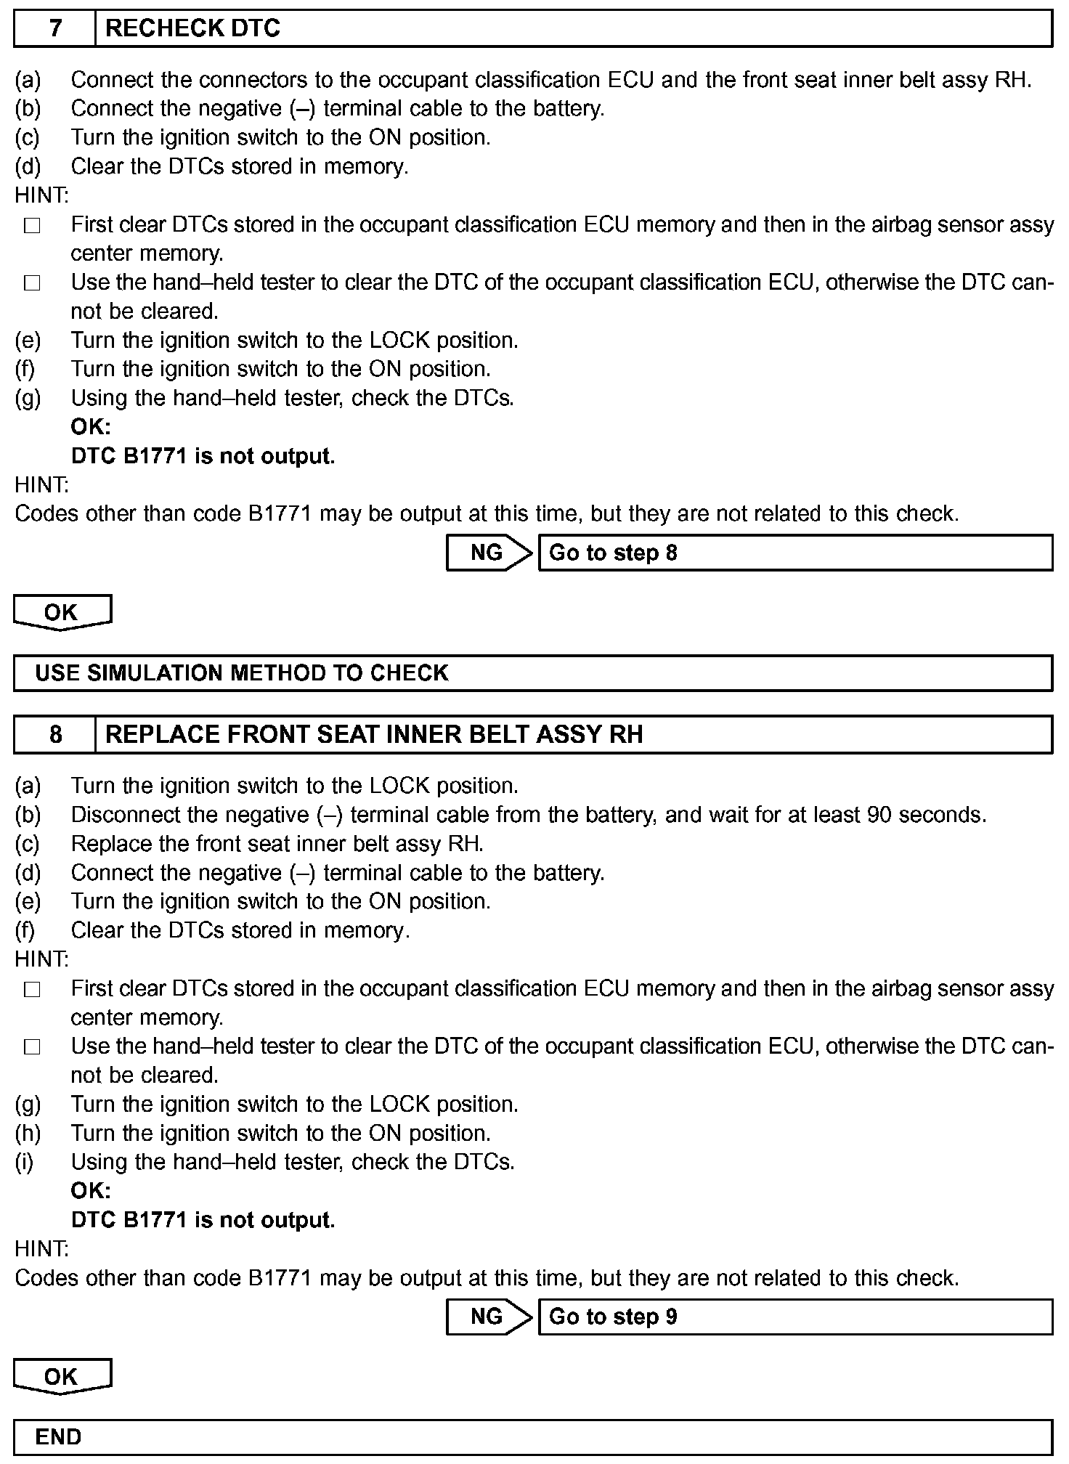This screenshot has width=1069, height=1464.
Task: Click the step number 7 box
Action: point(55,29)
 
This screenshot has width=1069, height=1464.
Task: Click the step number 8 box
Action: point(55,735)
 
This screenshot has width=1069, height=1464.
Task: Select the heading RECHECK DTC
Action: point(193,29)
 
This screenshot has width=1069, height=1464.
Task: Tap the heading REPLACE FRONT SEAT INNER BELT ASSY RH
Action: point(374,735)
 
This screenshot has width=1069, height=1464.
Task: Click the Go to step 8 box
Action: point(795,553)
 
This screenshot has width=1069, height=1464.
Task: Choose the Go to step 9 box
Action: point(795,1317)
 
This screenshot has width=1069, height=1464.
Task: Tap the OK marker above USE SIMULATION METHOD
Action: point(62,612)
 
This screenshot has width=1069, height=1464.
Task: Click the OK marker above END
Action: point(62,1376)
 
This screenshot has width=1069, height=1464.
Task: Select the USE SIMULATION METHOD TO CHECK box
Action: point(533,673)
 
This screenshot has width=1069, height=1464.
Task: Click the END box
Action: point(533,1437)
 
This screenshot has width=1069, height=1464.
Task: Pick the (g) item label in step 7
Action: point(28,399)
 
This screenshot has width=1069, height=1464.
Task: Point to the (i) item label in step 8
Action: point(25,1163)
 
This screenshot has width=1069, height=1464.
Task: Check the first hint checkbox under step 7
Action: point(32,227)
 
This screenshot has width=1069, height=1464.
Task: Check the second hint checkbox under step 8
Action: point(32,1048)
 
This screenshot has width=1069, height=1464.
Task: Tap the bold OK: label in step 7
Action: point(91,427)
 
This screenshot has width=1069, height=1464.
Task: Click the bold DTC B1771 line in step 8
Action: point(203,1220)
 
